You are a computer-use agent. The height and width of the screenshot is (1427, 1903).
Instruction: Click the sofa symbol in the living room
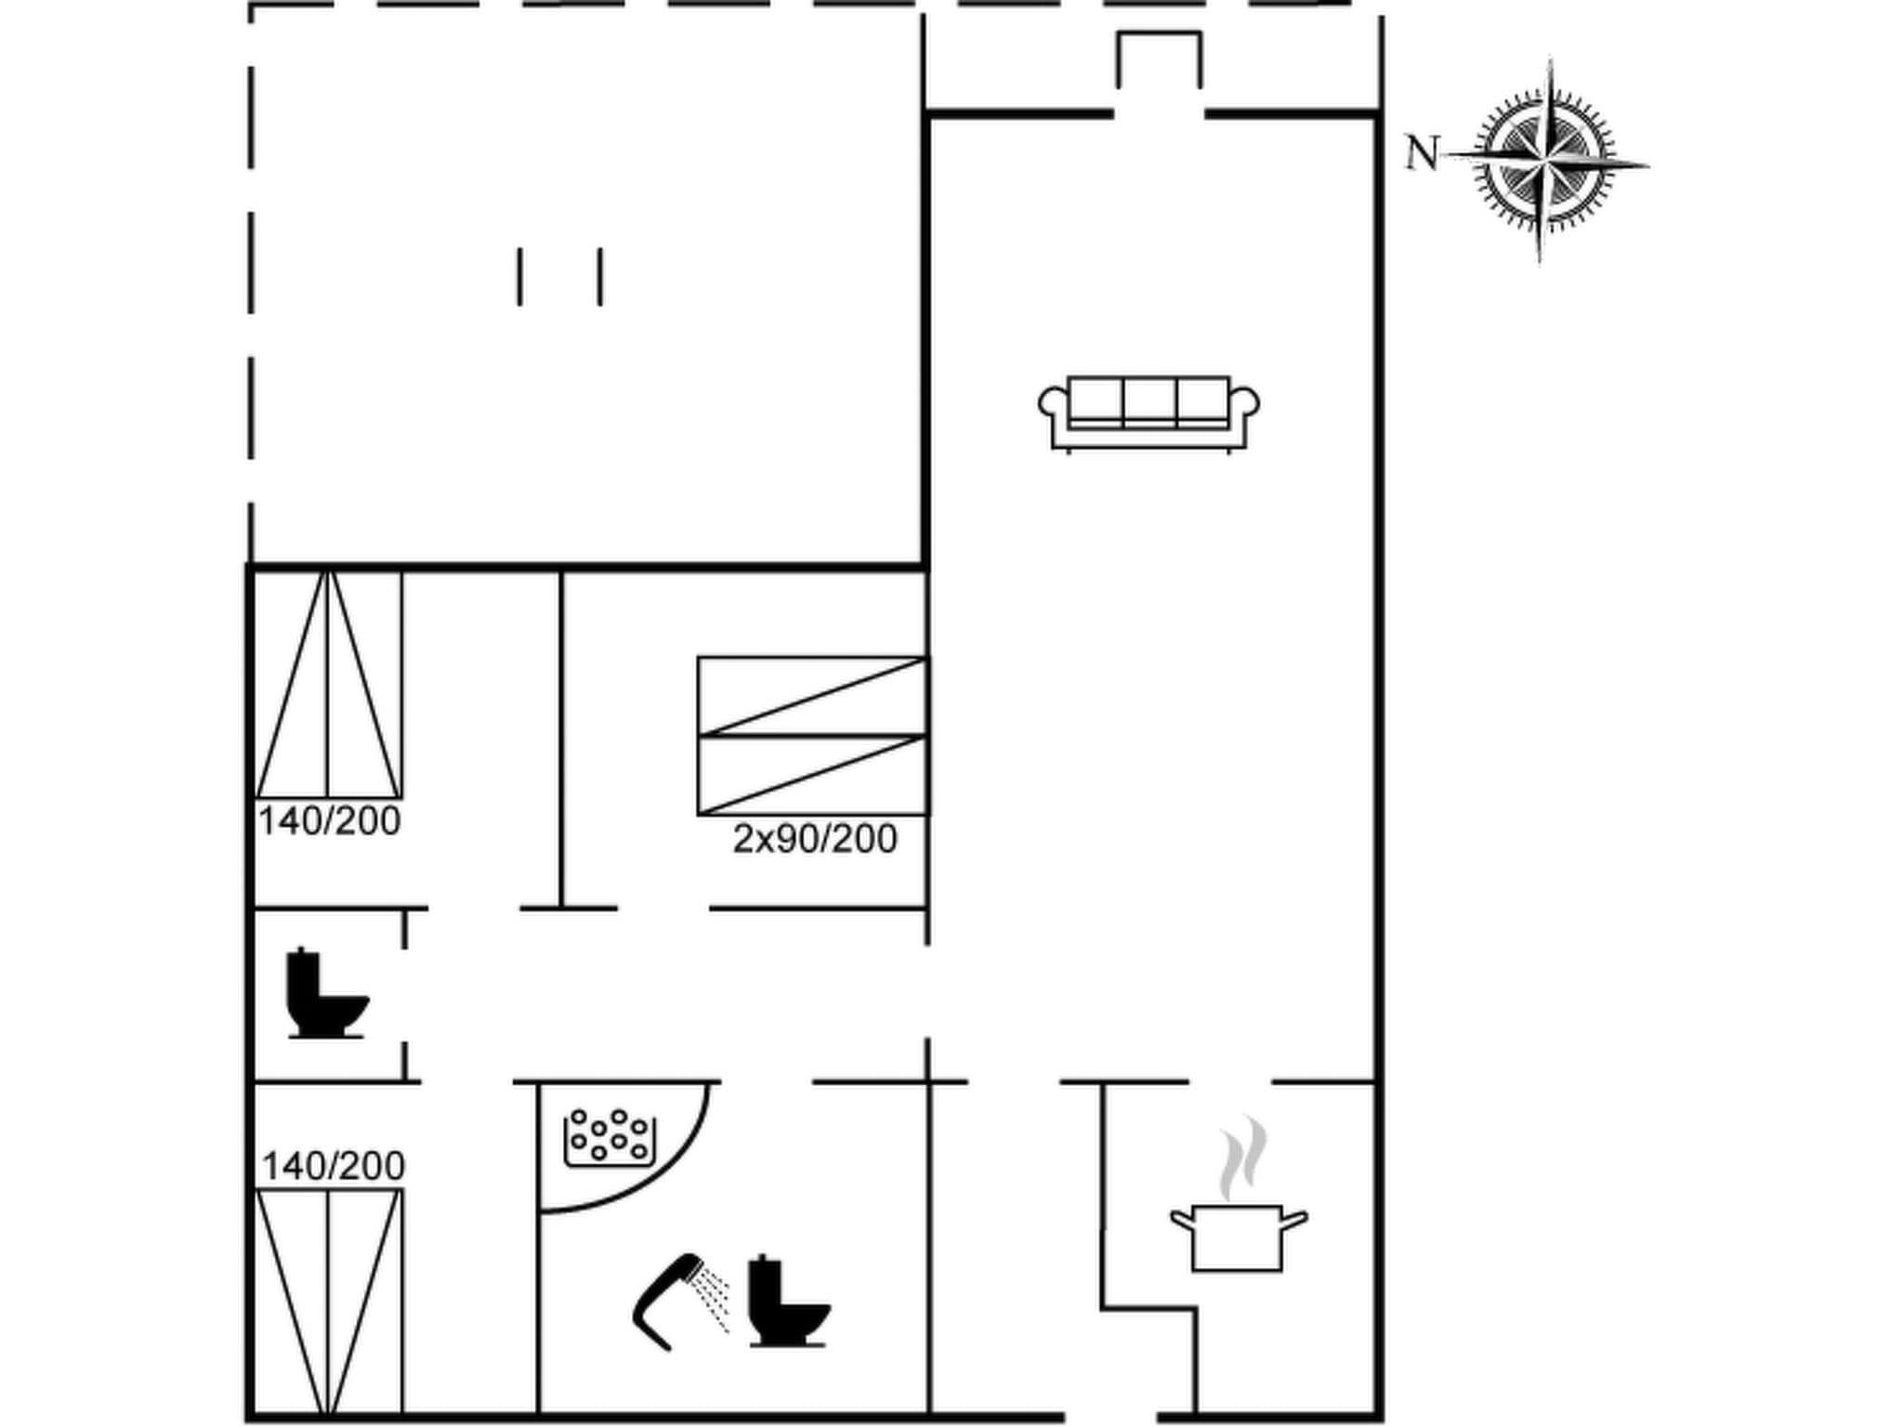point(1148,414)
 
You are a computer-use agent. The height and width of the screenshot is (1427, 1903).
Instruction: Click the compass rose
point(1545,160)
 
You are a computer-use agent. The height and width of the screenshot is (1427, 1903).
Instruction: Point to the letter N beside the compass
point(1422,153)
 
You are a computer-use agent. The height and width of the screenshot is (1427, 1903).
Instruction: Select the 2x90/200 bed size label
point(815,839)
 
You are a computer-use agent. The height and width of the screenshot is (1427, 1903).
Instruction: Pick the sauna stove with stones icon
point(610,1136)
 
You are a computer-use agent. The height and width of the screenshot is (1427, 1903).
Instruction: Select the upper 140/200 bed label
point(330,821)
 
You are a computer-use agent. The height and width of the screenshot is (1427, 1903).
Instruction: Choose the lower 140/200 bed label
point(334,1166)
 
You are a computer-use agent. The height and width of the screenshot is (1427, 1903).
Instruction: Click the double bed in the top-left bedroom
point(328,685)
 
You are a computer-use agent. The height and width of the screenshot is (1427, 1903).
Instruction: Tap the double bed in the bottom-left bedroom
point(328,1301)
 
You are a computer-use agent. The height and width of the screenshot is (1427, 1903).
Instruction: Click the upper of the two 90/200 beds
point(812,696)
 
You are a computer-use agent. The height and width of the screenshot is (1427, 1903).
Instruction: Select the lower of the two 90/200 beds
point(812,775)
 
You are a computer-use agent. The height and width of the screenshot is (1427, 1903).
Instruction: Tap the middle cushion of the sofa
point(1149,400)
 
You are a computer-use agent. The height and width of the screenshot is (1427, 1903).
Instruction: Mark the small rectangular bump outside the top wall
point(1159,59)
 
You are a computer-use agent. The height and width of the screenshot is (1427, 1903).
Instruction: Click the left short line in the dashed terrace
point(519,277)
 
